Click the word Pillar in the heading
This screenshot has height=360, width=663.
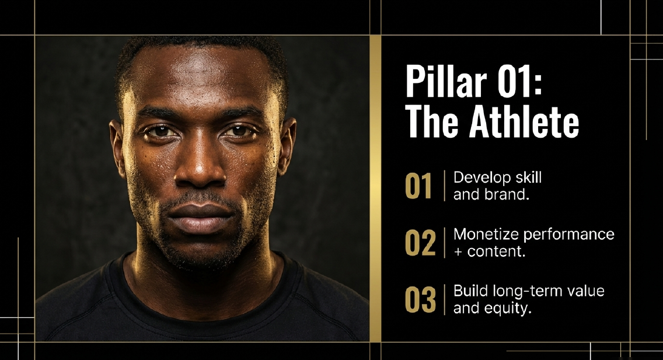click(440, 85)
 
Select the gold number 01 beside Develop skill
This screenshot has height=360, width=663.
click(419, 186)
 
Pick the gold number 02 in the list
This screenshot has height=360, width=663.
click(420, 243)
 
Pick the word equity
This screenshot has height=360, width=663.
click(511, 309)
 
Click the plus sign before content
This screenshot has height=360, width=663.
click(458, 252)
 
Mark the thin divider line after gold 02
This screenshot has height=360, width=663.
click(445, 243)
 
